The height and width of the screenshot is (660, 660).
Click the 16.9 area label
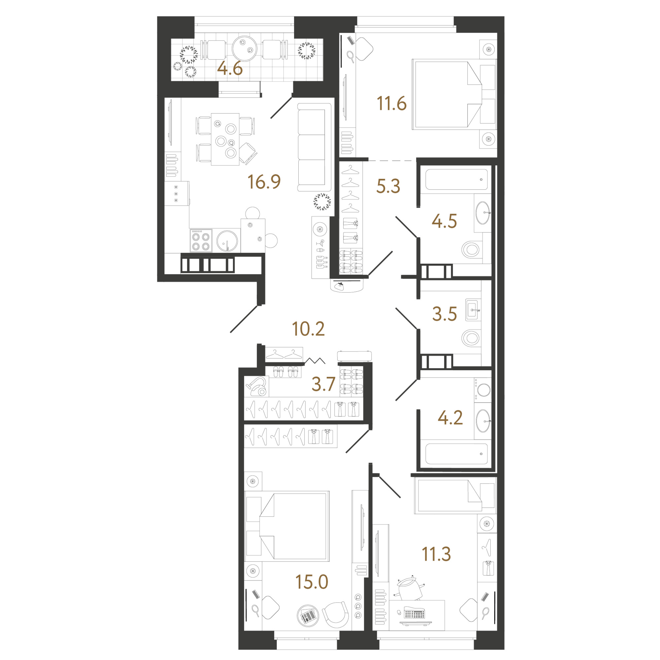coord(264,182)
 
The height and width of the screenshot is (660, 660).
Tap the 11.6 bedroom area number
coord(391,103)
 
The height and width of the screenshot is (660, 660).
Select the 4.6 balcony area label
coord(230,68)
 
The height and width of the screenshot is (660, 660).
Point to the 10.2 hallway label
coord(308,329)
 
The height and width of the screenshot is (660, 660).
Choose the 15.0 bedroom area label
coord(312,582)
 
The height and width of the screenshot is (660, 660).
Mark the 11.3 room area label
coord(436,554)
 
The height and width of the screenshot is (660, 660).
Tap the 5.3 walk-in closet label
coord(388,186)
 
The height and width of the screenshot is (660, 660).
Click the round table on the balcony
coord(244,49)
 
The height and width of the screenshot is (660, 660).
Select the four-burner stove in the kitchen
coord(201,241)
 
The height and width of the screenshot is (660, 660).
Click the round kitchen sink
coord(227,241)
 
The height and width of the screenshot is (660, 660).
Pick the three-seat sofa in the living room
coord(314,147)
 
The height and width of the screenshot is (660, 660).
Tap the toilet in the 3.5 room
coord(471,339)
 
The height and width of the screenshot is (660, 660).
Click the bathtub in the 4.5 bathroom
coord(456,179)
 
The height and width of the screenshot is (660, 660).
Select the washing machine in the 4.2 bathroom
coord(482,389)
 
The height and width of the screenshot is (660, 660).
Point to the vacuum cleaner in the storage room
coord(257,386)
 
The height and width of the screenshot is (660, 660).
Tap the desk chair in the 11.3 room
coord(411,588)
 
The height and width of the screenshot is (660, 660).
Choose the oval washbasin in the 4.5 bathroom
coord(483,213)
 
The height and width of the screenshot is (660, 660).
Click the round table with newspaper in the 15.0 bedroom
coord(308,616)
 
